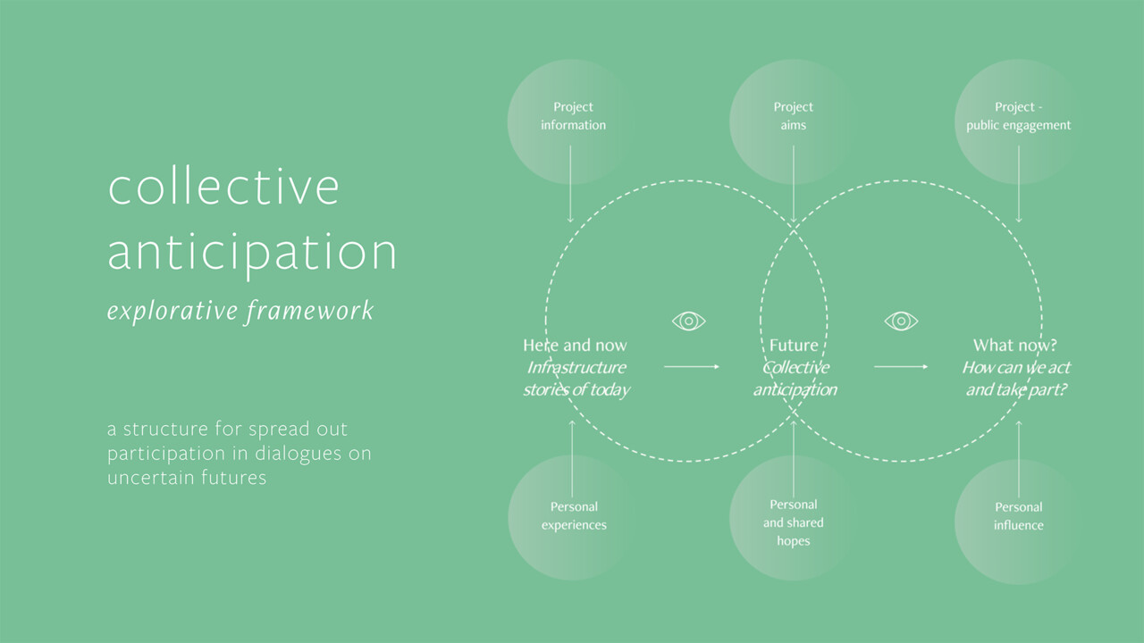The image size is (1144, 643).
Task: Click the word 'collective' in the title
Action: tap(223, 188)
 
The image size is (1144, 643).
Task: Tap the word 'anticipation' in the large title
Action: tap(252, 252)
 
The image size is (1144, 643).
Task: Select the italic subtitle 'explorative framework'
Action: tap(240, 311)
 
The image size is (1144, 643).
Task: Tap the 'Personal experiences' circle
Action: tap(573, 517)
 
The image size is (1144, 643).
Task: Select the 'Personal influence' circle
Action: tap(1018, 517)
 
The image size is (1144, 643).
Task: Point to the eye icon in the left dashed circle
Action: tap(688, 321)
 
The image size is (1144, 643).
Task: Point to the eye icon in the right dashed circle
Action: tap(901, 321)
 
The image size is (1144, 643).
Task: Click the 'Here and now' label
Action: tap(575, 346)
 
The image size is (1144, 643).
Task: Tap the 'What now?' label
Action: tap(1014, 346)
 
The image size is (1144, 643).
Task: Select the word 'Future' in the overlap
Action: tap(794, 346)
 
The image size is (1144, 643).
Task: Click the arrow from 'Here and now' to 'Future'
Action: tap(692, 366)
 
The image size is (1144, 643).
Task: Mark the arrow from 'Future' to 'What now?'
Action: tap(901, 366)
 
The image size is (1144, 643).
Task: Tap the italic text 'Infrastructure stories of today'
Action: tap(576, 379)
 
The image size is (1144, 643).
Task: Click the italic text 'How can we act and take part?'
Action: tap(1016, 379)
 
